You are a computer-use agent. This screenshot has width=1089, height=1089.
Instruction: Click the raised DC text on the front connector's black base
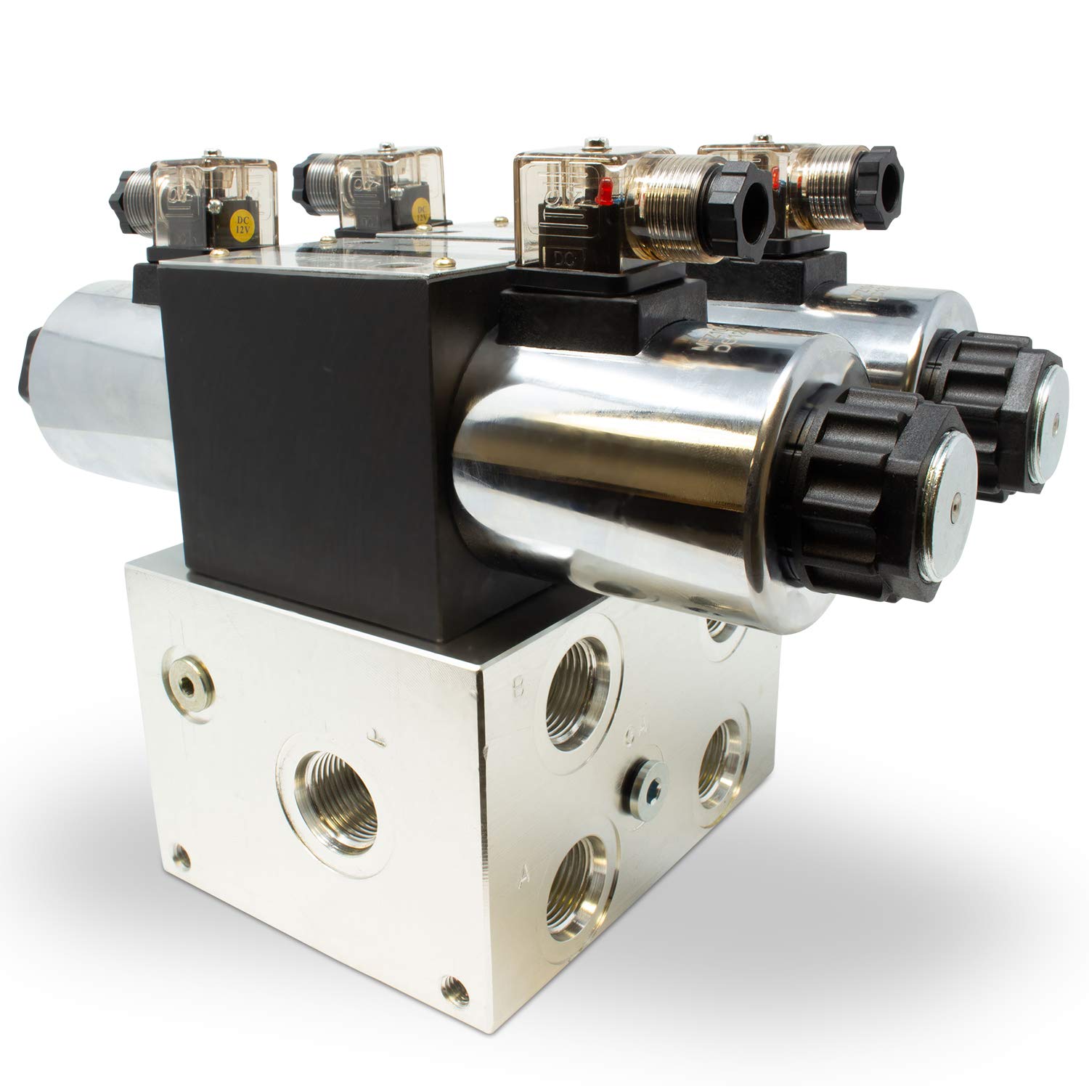click(559, 258)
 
